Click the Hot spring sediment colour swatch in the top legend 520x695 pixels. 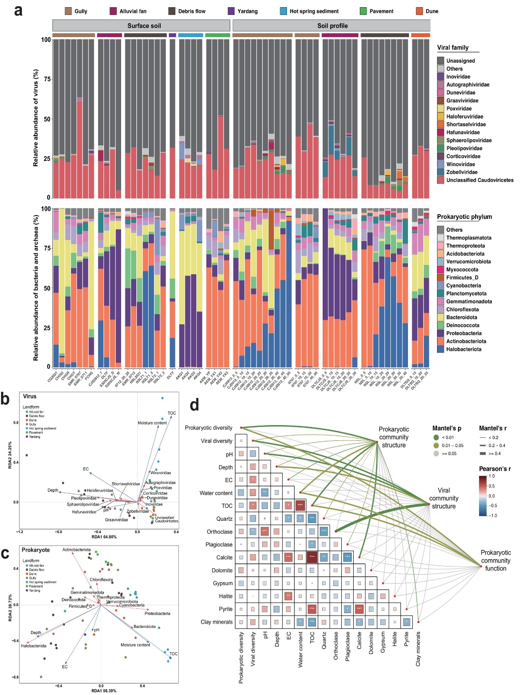click(x=283, y=11)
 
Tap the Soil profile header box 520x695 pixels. click(x=332, y=26)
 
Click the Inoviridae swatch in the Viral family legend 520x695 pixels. click(x=440, y=77)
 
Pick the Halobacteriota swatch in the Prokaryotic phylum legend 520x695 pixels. click(x=440, y=349)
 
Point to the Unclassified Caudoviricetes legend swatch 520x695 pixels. click(x=440, y=180)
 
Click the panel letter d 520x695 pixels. click(x=194, y=405)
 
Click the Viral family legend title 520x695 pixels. click(x=452, y=48)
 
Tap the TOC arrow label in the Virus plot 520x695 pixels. click(x=172, y=413)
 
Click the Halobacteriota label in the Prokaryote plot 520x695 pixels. click(x=33, y=646)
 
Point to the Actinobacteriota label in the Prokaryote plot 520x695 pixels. click(x=76, y=550)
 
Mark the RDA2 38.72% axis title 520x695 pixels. click(x=10, y=605)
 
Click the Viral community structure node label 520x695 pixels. click(x=443, y=498)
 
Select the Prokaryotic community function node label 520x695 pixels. click(x=495, y=560)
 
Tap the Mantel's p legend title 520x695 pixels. click(x=446, y=428)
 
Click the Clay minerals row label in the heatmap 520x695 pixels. click(x=216, y=622)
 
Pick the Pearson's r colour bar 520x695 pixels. click(x=483, y=496)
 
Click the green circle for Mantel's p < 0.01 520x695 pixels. click(x=436, y=437)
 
